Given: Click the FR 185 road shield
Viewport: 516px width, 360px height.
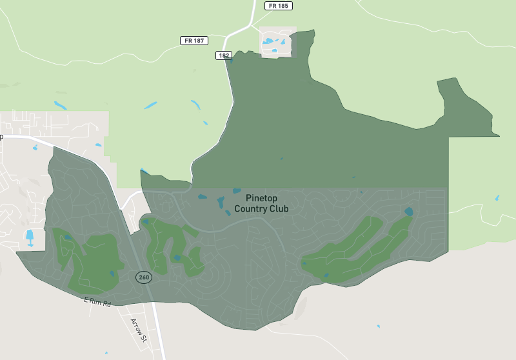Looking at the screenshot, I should click(x=279, y=6).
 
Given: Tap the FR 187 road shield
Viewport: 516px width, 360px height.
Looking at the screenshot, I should click(x=194, y=41).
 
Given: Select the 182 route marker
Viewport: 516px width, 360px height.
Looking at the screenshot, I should click(x=224, y=55).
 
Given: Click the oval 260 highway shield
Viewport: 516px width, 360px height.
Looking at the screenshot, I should click(x=143, y=277).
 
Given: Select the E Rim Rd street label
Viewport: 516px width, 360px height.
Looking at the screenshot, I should click(x=97, y=301).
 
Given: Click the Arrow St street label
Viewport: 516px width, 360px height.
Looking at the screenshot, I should click(x=139, y=330).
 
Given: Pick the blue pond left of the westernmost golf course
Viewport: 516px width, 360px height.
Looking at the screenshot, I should click(x=30, y=237).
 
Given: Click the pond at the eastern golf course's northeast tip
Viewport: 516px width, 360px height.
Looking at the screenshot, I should click(x=408, y=211).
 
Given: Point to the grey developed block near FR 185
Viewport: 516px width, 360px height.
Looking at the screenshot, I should click(x=277, y=43).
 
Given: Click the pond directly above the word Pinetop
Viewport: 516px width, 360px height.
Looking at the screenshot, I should click(x=237, y=191).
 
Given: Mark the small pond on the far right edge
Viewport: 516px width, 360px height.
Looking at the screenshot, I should click(x=497, y=198).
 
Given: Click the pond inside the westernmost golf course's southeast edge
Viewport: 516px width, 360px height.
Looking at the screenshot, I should click(x=112, y=274).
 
